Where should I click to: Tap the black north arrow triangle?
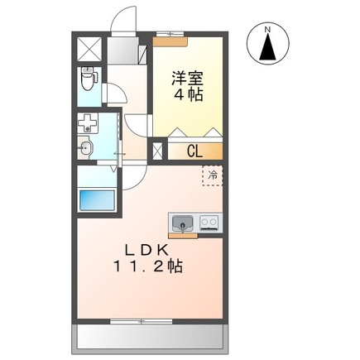267,49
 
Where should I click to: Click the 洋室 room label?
188,79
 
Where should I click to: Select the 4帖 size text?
188,95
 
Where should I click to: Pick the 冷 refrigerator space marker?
212,175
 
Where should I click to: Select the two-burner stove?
208,222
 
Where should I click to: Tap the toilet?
89,80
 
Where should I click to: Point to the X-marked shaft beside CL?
159,152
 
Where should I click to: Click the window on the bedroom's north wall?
171,35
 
